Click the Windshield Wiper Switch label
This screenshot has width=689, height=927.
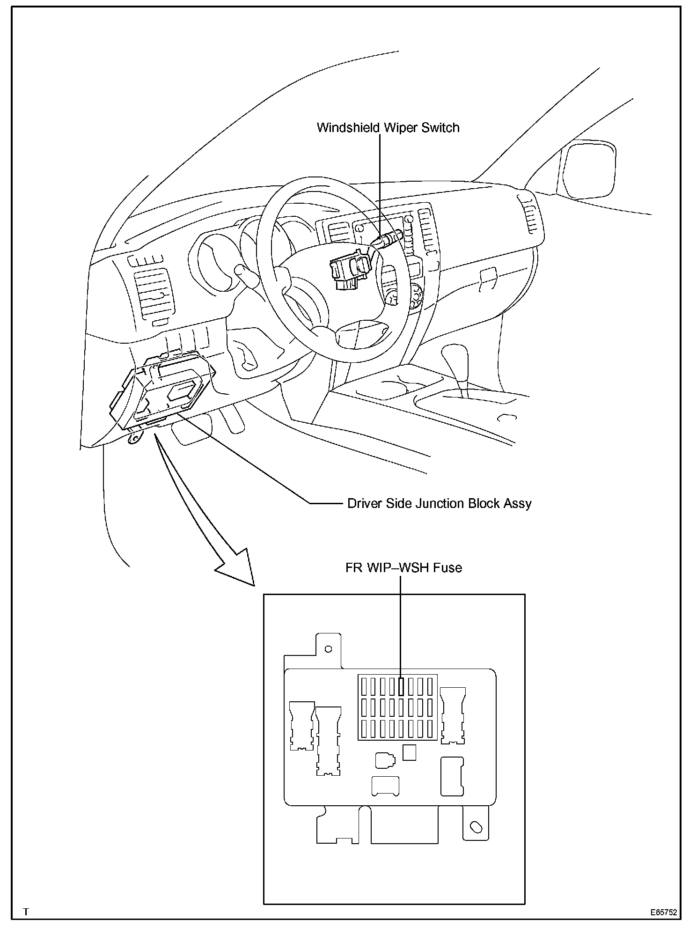tap(388, 128)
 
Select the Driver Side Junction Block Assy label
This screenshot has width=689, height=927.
tap(439, 504)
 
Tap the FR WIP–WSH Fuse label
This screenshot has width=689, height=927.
tap(403, 568)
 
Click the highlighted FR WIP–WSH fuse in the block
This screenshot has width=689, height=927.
tap(401, 686)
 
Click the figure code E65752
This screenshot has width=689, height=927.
tap(663, 912)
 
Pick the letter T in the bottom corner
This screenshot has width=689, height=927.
tap(26, 912)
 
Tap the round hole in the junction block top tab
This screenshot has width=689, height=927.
tap(328, 649)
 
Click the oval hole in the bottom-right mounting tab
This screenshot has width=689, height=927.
tap(476, 827)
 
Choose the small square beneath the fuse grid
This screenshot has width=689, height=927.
tap(409, 753)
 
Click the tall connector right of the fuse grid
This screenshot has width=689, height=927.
tap(453, 714)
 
